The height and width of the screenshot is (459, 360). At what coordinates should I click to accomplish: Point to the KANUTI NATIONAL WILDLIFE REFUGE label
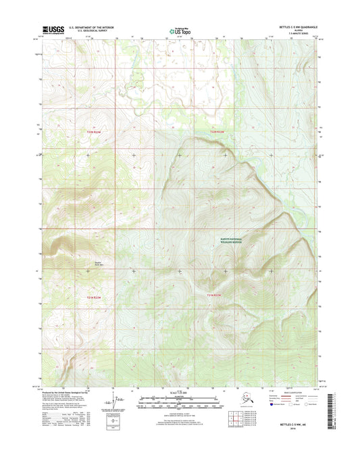click(x=236, y=241)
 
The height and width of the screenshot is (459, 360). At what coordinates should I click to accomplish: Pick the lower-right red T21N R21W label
click(x=215, y=295)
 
